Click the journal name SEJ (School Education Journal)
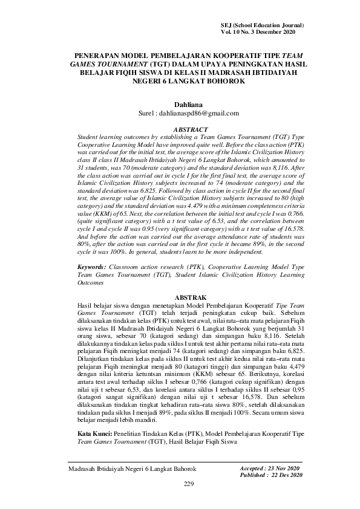tap(262, 24)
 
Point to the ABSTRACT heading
tap(191, 129)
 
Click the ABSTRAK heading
tap(191, 298)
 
